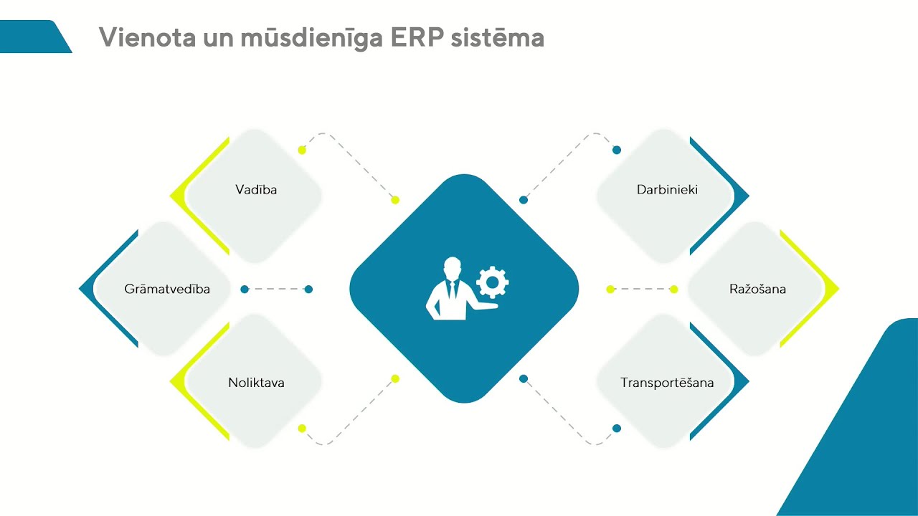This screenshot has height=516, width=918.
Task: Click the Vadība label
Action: click(x=256, y=190)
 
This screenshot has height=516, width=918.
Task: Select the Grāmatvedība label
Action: click(x=167, y=290)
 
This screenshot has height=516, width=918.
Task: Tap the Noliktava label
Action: click(x=256, y=383)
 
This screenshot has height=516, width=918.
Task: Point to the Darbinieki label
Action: click(x=667, y=190)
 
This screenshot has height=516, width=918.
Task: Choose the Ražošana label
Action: click(x=757, y=290)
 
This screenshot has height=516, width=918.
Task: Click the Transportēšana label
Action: click(x=667, y=383)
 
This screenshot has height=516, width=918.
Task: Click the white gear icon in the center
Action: click(x=492, y=282)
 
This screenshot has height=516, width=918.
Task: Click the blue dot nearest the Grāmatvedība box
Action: click(x=245, y=290)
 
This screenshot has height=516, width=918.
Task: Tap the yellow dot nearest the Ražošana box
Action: click(x=673, y=290)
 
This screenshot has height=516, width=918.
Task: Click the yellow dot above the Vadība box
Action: click(x=302, y=150)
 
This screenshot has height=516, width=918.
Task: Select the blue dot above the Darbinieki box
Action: click(x=617, y=150)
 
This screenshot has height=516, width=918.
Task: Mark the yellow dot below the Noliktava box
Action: click(x=302, y=429)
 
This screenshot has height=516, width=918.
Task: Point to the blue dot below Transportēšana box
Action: click(x=617, y=429)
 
